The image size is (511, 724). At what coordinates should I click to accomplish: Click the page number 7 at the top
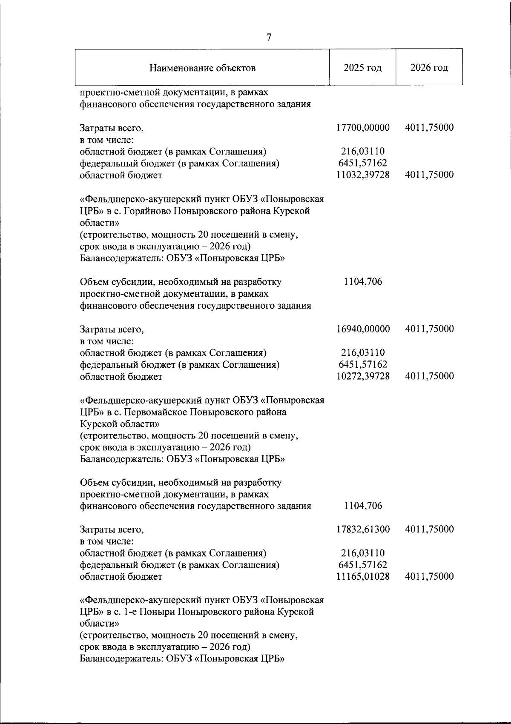click(x=269, y=37)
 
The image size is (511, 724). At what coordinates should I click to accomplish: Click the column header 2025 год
click(x=363, y=68)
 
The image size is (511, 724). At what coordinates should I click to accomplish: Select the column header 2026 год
click(x=429, y=68)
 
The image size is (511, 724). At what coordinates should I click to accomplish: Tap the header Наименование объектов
click(x=203, y=68)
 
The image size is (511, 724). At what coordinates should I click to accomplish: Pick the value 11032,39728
click(x=363, y=175)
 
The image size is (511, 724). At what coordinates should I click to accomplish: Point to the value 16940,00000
click(x=363, y=329)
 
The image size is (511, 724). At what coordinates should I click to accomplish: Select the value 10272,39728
click(x=363, y=376)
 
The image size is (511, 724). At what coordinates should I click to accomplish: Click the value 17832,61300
click(x=363, y=529)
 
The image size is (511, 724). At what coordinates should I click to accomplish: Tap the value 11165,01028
click(x=363, y=577)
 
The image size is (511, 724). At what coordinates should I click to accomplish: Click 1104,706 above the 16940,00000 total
click(x=363, y=281)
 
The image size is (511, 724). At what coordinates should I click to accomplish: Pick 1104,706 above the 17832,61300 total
click(x=363, y=506)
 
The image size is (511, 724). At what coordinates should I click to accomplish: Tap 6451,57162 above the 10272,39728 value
click(x=363, y=365)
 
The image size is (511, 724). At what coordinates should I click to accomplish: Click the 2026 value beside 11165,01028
click(x=429, y=577)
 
